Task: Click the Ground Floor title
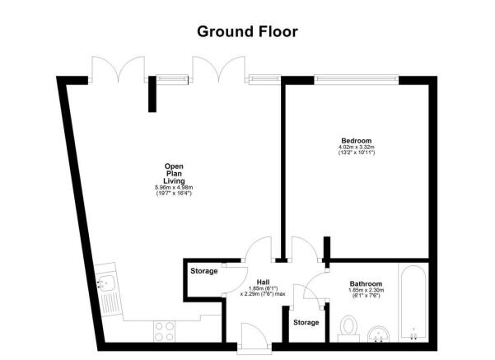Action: coord(247,32)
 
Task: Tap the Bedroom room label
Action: coord(357,141)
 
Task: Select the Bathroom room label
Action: coord(366,283)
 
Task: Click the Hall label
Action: coord(263,282)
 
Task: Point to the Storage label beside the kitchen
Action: coord(204,271)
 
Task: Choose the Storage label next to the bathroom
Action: coord(306,322)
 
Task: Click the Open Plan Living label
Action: coord(174,174)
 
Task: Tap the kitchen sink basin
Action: coord(107,283)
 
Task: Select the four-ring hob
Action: coord(164,331)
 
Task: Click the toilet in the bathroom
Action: coord(348,329)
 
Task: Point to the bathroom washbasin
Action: coord(378,334)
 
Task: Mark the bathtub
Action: coord(413,304)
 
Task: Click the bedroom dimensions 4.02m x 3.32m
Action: coord(357,147)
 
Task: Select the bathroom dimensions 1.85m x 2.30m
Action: coord(367,290)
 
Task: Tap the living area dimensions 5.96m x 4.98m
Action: coord(174,188)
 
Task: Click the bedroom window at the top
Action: coord(357,80)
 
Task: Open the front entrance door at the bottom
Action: coord(255,336)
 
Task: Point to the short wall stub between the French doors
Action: coord(152,94)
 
